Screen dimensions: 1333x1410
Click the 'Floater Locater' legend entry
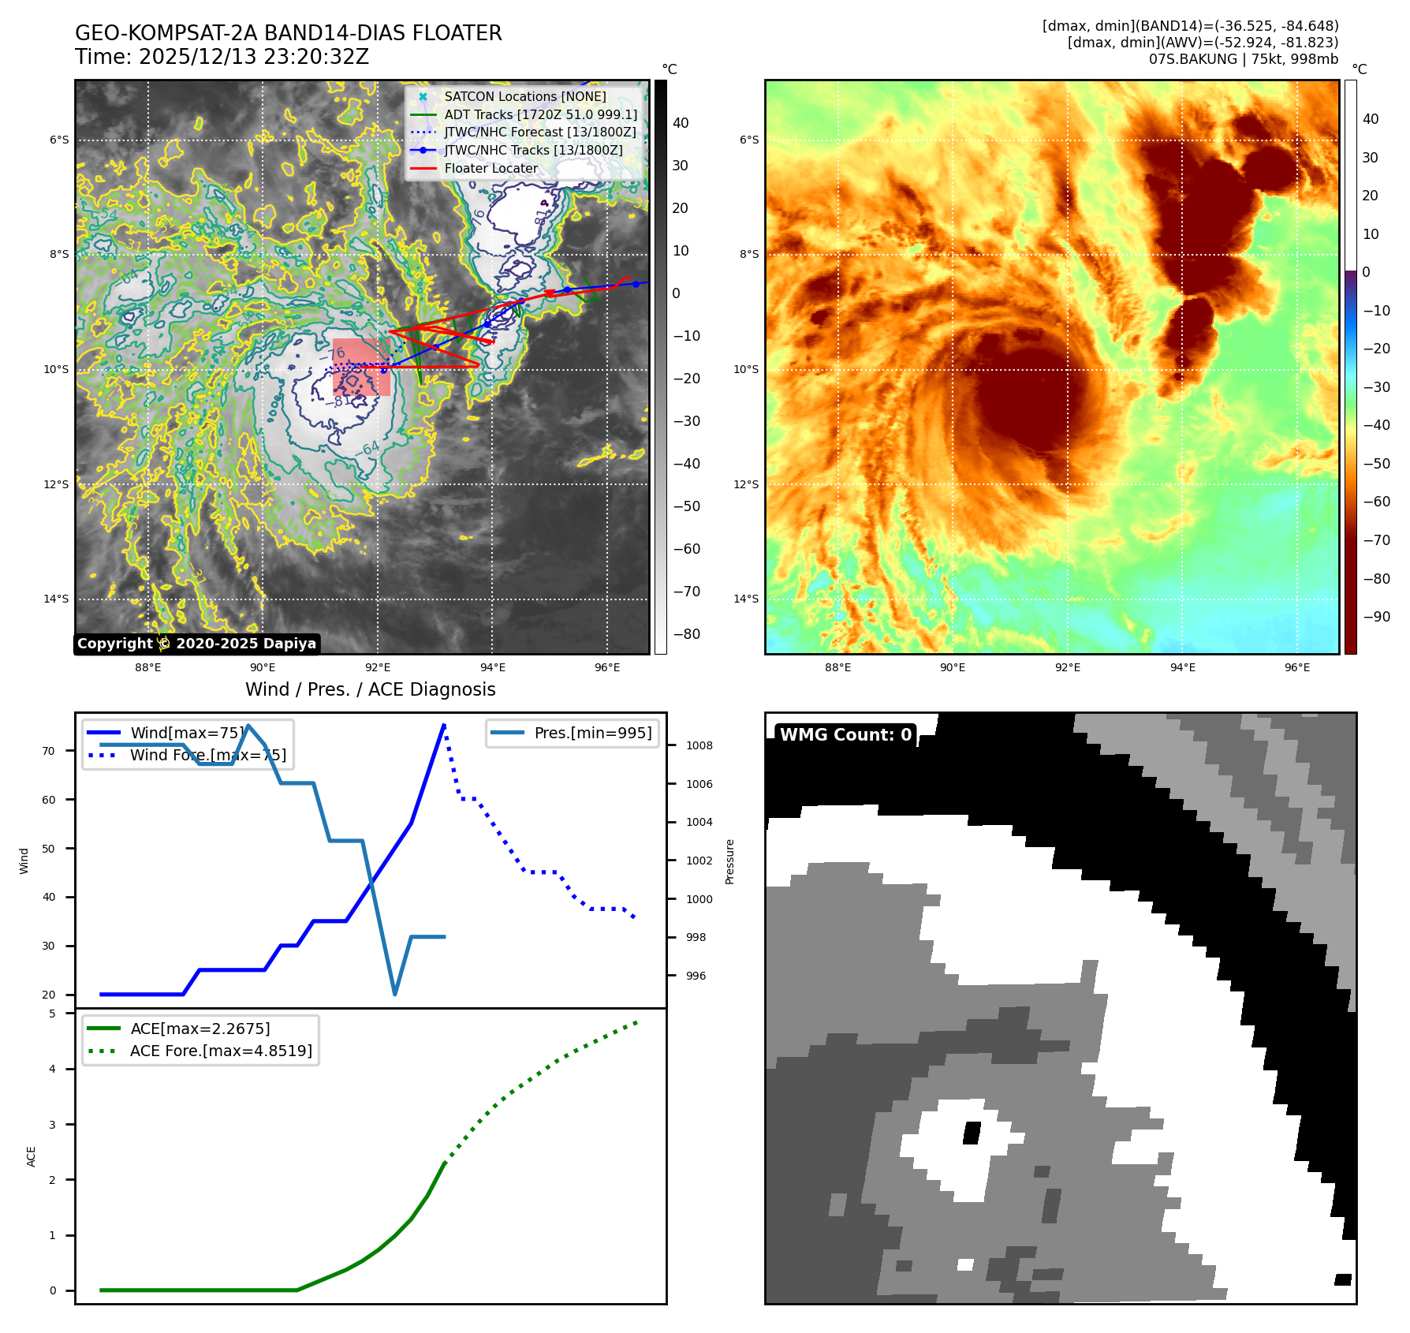491,168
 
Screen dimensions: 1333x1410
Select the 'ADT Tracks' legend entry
540,114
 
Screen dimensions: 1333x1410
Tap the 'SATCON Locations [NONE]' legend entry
524,96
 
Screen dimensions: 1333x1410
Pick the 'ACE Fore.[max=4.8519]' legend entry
221,1051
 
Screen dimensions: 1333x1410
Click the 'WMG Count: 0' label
845,734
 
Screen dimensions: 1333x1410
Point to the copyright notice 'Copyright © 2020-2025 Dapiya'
196,644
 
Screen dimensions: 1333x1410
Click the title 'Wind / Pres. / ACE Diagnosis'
370,689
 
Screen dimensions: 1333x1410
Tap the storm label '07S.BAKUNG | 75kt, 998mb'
1243,59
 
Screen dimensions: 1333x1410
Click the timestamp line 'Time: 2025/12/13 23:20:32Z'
222,57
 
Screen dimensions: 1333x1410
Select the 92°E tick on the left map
378,667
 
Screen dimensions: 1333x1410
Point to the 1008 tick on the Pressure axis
699,745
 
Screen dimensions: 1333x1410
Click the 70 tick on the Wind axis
49,751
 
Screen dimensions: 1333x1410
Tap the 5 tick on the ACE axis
52,1014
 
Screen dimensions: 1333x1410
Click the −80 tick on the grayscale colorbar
686,634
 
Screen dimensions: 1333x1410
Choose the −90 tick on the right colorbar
1376,617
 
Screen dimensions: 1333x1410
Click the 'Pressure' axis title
729,861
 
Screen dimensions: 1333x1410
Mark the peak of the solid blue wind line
444,725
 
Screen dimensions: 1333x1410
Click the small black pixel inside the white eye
972,1133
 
